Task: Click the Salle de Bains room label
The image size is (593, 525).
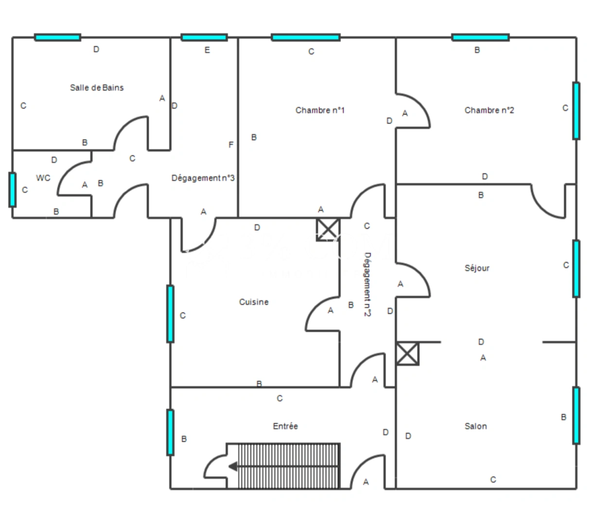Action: (97, 87)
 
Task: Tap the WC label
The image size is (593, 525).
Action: (43, 178)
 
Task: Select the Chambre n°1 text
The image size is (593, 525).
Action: (320, 110)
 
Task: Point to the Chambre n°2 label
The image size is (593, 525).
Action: (489, 110)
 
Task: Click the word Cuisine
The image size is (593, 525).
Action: (254, 302)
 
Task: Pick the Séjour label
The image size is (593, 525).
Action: (477, 268)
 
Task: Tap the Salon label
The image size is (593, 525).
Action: (476, 426)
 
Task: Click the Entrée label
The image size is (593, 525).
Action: (285, 426)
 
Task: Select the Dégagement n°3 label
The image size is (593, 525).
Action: (203, 178)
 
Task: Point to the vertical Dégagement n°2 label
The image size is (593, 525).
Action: (367, 284)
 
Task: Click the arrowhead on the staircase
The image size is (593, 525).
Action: (233, 467)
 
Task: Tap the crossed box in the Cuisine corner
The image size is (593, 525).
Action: (328, 229)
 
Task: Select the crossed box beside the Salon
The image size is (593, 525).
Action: (407, 353)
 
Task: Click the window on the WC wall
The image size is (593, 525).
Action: (12, 190)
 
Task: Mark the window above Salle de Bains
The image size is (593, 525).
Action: (58, 37)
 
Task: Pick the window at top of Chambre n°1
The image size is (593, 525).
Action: (306, 37)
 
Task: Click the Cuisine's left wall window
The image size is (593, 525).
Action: (170, 314)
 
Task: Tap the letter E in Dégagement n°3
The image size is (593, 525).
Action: (207, 50)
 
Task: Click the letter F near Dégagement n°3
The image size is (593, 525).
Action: (231, 145)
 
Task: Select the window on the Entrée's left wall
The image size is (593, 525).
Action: (170, 433)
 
